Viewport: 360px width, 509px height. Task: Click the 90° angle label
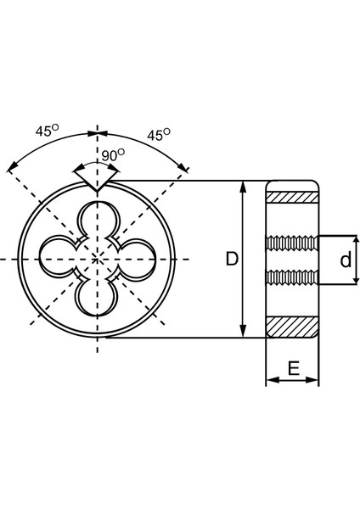113,155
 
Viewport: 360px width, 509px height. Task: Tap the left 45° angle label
47,130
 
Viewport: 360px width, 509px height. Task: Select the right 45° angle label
159,134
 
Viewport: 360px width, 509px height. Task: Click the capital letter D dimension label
232,259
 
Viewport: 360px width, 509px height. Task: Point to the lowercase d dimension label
346,260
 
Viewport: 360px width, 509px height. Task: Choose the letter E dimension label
294,368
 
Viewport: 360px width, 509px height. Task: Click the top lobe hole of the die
98,221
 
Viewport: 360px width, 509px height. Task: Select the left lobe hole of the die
59,259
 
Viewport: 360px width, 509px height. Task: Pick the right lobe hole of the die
137,259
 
